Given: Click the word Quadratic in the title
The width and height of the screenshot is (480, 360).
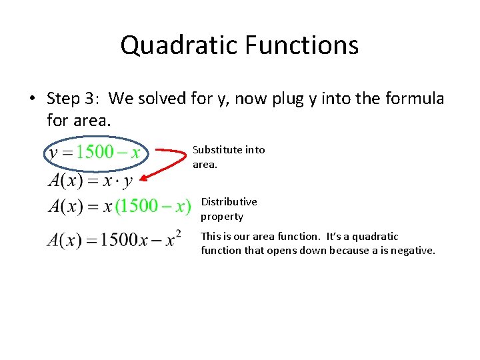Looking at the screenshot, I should click(x=179, y=45).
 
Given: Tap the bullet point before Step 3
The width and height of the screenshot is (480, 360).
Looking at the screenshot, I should click(x=32, y=99).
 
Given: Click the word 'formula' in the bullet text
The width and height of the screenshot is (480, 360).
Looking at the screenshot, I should click(x=417, y=99).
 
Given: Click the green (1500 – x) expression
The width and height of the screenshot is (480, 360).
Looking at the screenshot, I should click(x=153, y=206).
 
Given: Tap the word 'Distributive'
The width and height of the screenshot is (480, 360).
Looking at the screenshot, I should click(x=229, y=201).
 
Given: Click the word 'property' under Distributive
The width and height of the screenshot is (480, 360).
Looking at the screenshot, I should click(x=222, y=216).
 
